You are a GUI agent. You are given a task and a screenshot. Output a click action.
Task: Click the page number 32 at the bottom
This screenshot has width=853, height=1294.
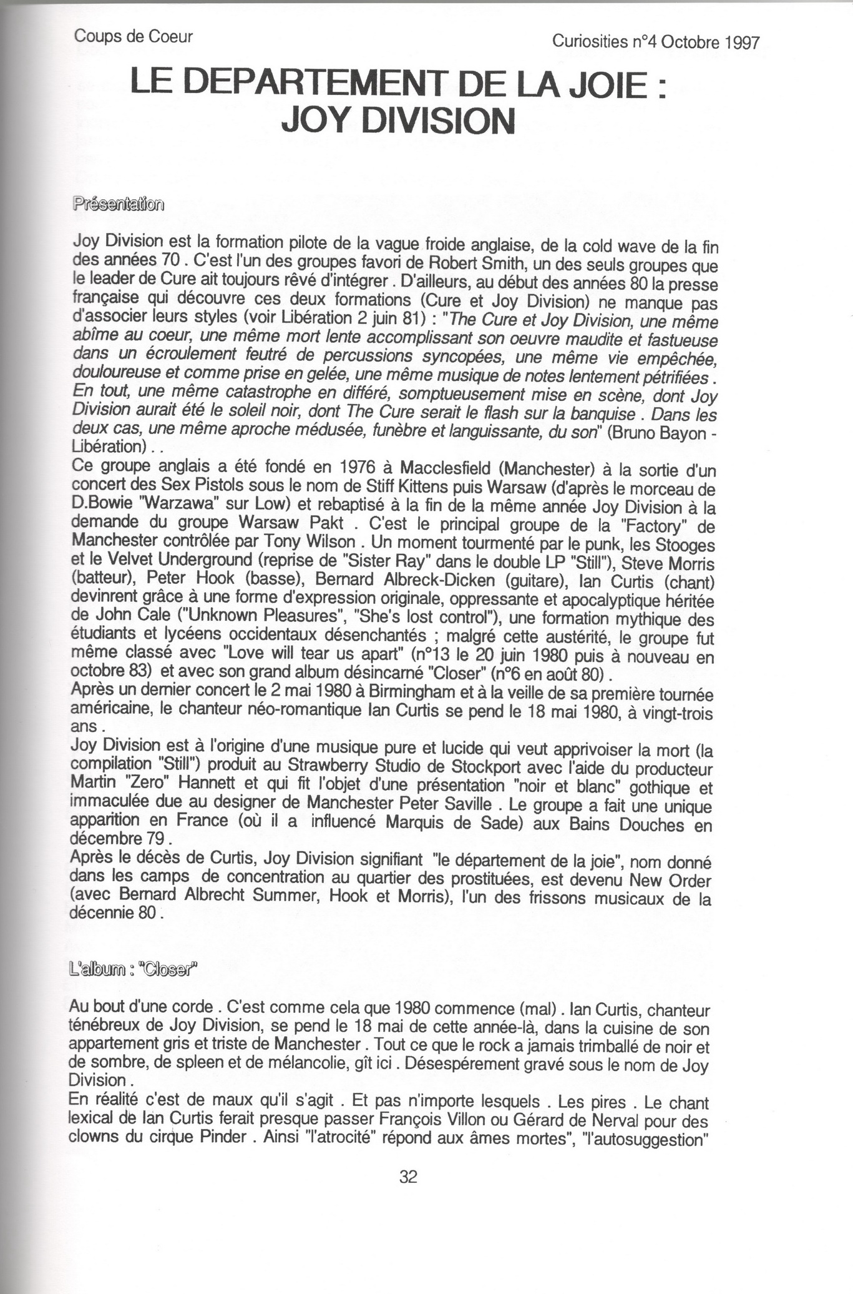point(408,1177)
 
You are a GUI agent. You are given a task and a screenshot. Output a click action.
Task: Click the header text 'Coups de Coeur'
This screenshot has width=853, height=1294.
point(134,36)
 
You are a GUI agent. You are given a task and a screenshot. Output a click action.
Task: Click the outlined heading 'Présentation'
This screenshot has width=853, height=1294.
point(119,204)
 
